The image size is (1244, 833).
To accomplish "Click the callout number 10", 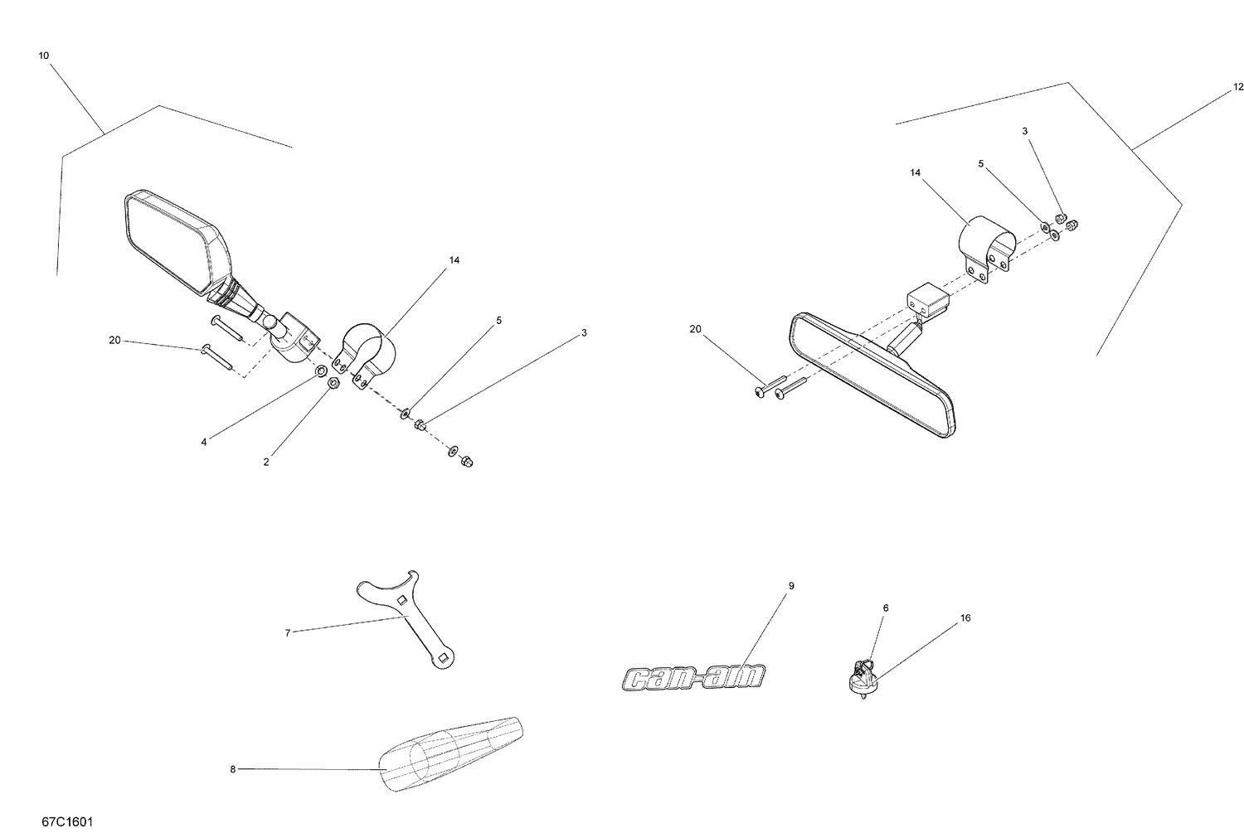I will point(43,56).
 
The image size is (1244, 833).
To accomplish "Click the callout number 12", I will point(1238,86).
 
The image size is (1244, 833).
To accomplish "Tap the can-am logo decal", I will point(693,677).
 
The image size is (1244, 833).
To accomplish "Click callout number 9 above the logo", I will point(790,585).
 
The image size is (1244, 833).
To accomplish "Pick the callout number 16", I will point(965,617).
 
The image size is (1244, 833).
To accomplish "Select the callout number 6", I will point(885,608).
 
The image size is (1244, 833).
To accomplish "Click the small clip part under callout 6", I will point(863,675).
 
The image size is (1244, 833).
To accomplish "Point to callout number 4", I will point(203,442).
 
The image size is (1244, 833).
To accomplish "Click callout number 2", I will point(266,462).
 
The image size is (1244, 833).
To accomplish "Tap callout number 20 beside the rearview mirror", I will point(695,329).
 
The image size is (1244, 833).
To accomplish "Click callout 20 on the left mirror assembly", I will point(114,340).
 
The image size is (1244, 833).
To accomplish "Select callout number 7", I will point(287,632).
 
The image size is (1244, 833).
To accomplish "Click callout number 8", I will point(233,769).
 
